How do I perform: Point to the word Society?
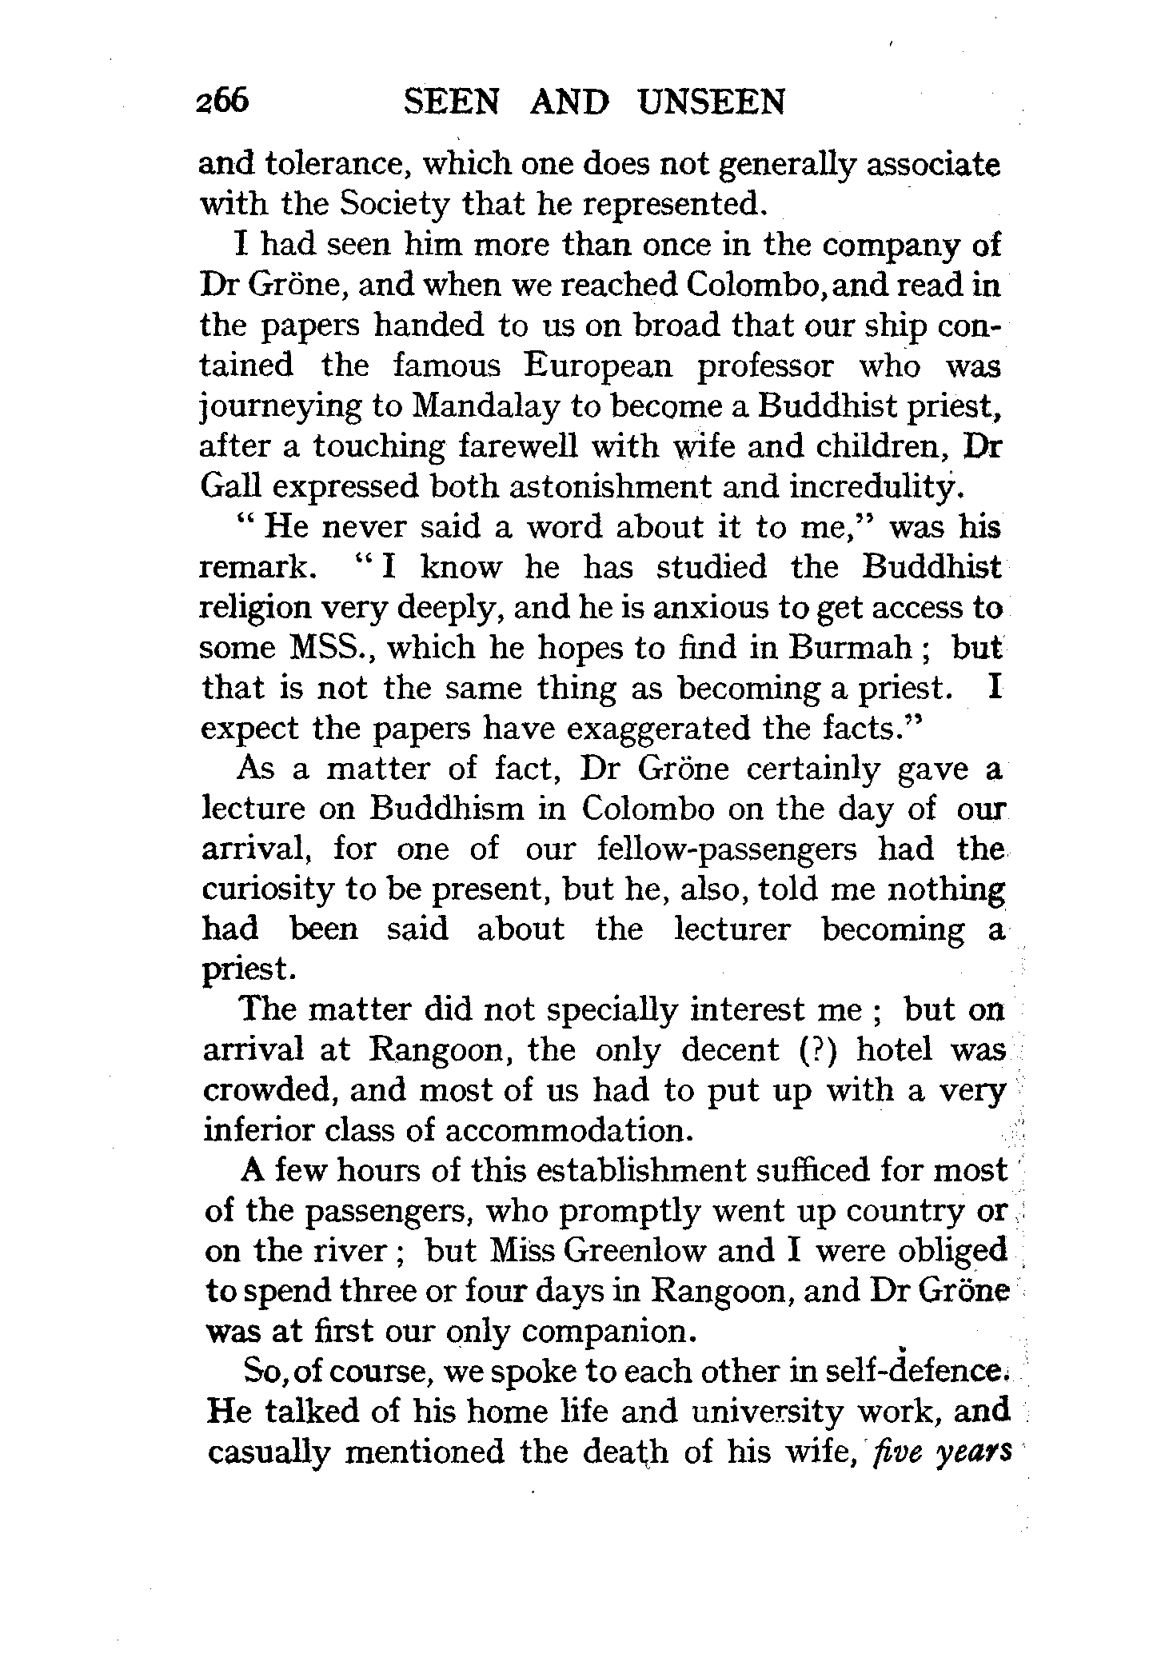tap(393, 206)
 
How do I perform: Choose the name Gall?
tap(228, 486)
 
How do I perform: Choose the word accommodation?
tap(565, 1131)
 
